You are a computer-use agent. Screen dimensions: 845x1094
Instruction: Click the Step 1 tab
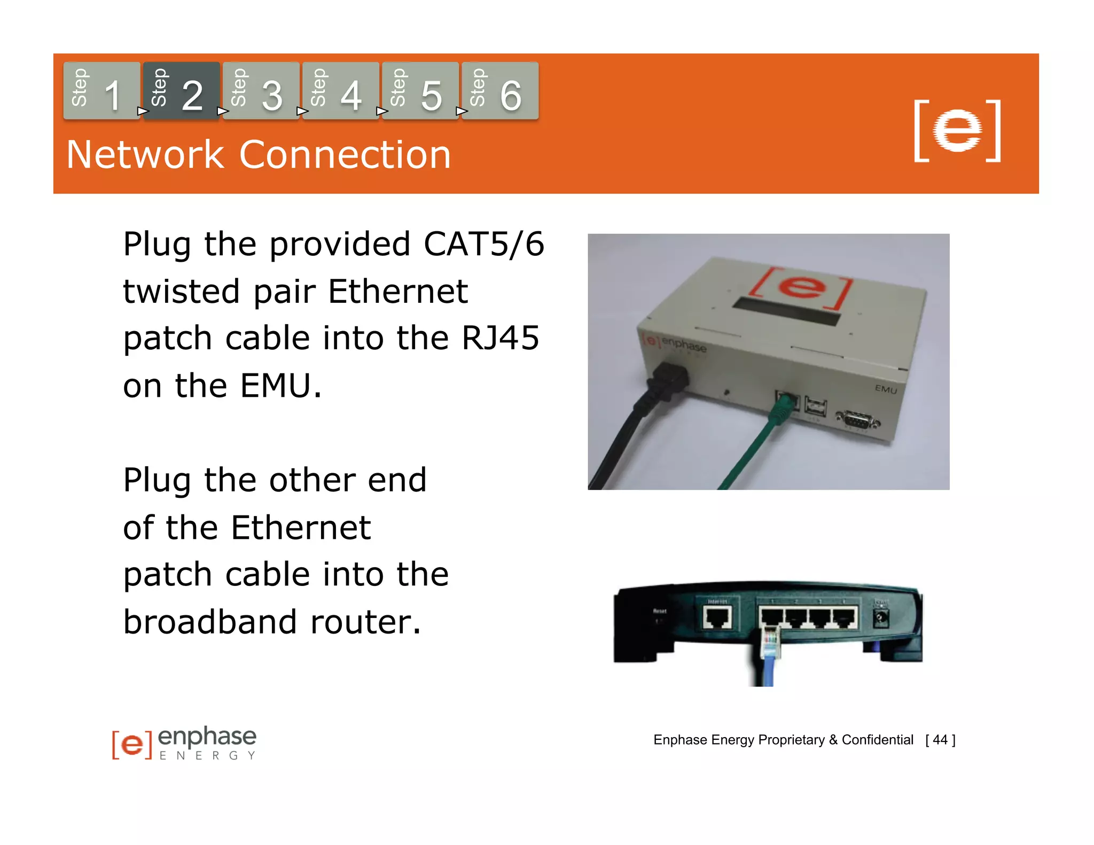pyautogui.click(x=101, y=91)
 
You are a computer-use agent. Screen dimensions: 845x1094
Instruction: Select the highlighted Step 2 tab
pyautogui.click(x=181, y=91)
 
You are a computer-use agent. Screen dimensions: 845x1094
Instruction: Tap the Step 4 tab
pyautogui.click(x=340, y=91)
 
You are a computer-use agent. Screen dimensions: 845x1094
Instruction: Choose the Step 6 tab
pyautogui.click(x=499, y=91)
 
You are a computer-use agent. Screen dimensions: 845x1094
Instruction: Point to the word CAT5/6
pyautogui.click(x=483, y=244)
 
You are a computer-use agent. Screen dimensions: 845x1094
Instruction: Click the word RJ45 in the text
pyautogui.click(x=500, y=338)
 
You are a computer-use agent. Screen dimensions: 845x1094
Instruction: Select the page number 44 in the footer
pyautogui.click(x=940, y=740)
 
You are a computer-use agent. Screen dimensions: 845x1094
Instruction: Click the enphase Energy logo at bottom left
pyautogui.click(x=184, y=742)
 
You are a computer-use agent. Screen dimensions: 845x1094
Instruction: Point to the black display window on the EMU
pyautogui.click(x=786, y=312)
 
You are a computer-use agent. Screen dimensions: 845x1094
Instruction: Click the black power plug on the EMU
pyautogui.click(x=668, y=382)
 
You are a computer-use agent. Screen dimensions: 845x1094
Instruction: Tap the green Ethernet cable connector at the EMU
pyautogui.click(x=781, y=409)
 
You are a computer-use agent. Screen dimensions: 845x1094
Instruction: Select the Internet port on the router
pyautogui.click(x=717, y=619)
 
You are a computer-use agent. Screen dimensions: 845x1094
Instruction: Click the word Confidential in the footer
pyautogui.click(x=877, y=740)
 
